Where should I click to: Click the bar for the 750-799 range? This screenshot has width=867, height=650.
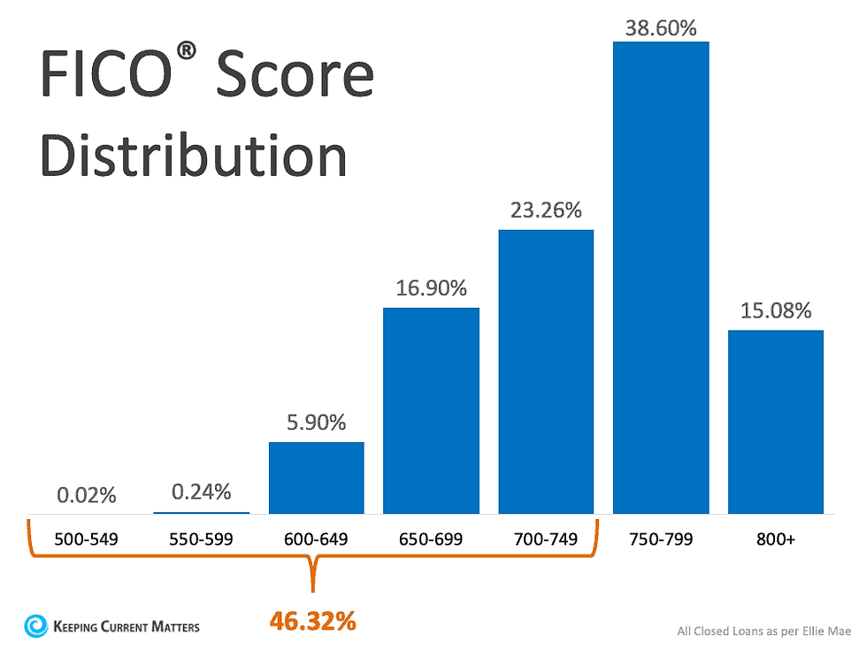pos(661,277)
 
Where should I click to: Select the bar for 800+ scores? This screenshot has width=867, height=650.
pos(776,421)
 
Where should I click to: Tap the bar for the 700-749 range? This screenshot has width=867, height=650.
pos(546,371)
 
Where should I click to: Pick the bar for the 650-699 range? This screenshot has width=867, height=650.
pos(431,410)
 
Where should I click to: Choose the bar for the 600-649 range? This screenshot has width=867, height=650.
pos(316,478)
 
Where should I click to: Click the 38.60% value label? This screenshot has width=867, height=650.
pos(661,28)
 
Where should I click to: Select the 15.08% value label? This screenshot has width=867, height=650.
pos(776,310)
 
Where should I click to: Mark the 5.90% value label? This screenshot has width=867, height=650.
pos(316,423)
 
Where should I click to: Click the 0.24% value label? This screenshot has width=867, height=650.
pos(201,491)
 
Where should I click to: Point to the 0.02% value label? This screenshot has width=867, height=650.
pos(87,495)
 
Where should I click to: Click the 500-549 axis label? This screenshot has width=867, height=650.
pos(87,539)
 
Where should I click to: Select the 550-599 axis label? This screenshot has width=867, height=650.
pos(201,539)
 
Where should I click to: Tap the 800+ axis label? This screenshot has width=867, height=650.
pos(776,539)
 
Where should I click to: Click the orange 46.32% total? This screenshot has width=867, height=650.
pos(312,622)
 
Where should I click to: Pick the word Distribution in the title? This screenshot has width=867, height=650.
pos(194,155)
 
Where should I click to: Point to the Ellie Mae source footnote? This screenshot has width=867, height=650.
pos(763,631)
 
